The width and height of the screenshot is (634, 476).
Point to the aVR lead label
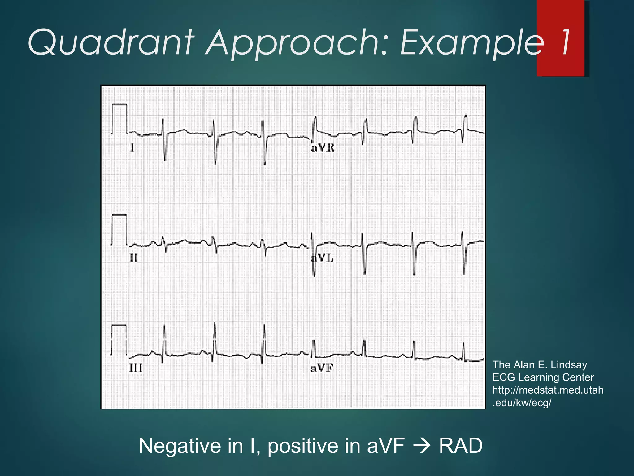pos(323,148)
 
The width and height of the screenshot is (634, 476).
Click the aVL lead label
pos(323,258)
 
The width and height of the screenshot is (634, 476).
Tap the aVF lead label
pos(322,368)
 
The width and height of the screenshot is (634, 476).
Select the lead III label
pos(136,368)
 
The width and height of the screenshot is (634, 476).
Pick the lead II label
pos(134,258)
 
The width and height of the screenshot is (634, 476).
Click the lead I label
pos(132,148)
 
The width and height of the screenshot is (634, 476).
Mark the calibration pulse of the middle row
pos(119,229)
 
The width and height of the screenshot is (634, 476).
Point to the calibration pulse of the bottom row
pos(119,340)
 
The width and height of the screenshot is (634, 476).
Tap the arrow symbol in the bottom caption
pos(422,446)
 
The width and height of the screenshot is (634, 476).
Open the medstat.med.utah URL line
pos(548,390)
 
